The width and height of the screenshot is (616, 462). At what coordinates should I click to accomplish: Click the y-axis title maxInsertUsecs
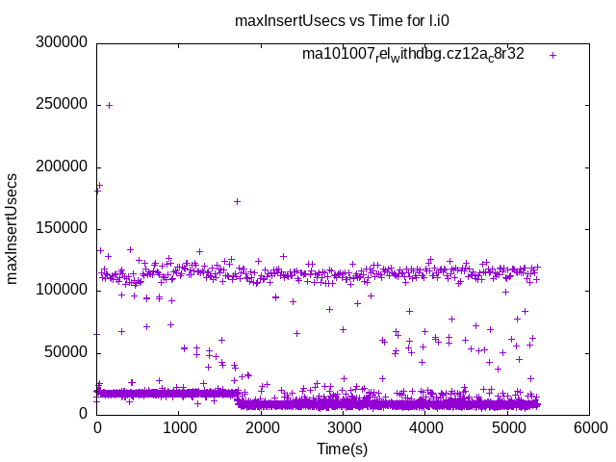tap(13, 228)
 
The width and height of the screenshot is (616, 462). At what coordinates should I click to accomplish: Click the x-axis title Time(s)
tap(343, 449)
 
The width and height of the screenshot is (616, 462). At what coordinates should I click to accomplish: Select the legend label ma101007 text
tap(413, 55)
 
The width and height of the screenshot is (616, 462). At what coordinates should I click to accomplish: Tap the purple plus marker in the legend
tap(552, 55)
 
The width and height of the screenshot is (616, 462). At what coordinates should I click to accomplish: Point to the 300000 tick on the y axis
tap(61, 42)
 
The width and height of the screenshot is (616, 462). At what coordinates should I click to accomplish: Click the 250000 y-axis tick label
tap(61, 105)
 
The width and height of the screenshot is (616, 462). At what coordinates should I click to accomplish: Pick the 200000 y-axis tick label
tap(61, 167)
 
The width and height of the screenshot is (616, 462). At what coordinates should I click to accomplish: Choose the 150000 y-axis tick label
tap(61, 228)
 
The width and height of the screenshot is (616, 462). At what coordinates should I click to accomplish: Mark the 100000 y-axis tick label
tap(61, 290)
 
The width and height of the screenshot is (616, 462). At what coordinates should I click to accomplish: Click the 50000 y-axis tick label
tap(65, 352)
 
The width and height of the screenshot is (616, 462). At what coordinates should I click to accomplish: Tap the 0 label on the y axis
tap(84, 414)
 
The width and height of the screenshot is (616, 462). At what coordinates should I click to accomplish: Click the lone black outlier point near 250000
tap(109, 105)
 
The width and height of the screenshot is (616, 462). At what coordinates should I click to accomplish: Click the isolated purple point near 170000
tap(237, 201)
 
